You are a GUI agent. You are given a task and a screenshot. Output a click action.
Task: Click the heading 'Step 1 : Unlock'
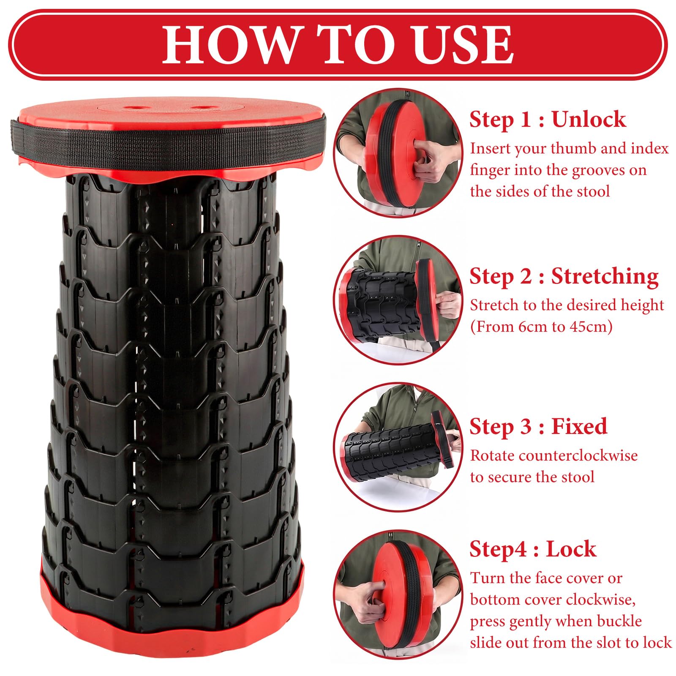[548, 120]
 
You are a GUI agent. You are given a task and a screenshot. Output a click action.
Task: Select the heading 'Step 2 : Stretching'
[564, 277]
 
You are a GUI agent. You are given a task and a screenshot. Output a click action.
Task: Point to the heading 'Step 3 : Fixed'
[538, 426]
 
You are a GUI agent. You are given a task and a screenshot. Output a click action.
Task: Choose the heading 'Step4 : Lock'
[533, 549]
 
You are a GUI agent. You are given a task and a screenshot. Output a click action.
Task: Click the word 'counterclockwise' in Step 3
[578, 455]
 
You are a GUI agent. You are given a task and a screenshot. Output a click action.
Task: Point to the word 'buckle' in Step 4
[619, 621]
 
